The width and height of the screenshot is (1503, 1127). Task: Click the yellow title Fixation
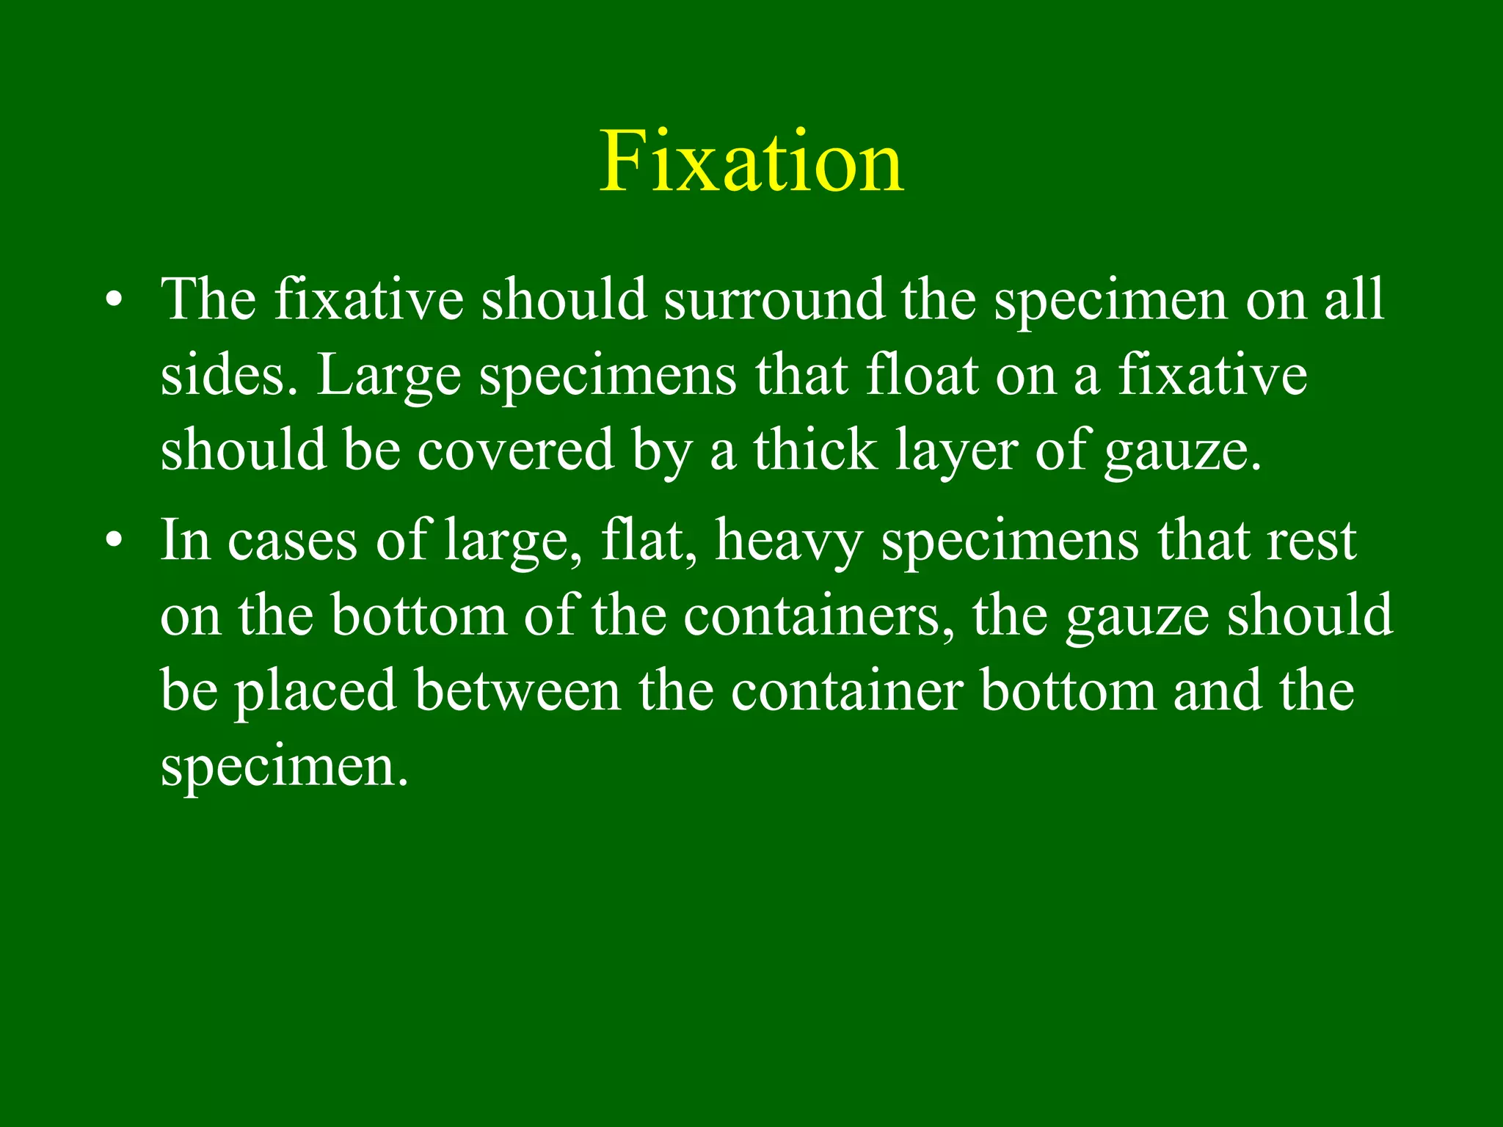[751, 161]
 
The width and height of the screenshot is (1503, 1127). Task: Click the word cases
[292, 541]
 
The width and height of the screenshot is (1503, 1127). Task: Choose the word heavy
[789, 542]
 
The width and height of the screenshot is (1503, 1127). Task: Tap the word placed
[316, 691]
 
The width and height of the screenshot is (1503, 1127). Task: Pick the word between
[518, 690]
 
